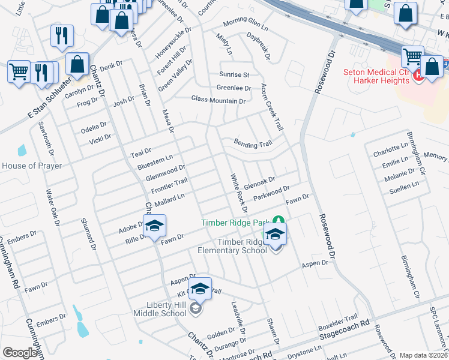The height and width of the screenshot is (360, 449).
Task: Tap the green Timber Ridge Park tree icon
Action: point(277,221)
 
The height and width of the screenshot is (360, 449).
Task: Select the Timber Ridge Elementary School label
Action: point(242,246)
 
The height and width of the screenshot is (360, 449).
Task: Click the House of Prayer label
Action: point(31,166)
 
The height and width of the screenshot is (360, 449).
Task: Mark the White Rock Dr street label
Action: point(240,193)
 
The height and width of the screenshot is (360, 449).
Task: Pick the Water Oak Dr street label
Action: point(52,208)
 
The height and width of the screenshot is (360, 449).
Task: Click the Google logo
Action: point(20,353)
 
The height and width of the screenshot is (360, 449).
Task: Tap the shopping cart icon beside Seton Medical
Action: point(412,57)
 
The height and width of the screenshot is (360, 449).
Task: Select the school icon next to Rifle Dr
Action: point(154,226)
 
